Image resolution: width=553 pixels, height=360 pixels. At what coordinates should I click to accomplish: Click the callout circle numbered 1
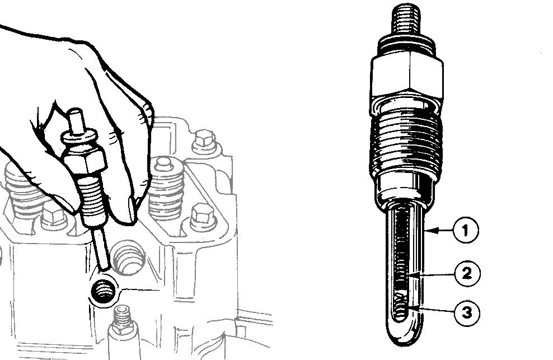click(x=465, y=230)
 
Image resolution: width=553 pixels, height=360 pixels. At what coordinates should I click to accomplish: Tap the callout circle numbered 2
click(x=466, y=273)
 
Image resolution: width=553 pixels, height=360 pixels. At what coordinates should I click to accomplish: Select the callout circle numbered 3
click(x=467, y=312)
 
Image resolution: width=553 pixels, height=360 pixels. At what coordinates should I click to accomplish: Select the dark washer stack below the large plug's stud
click(x=406, y=44)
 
